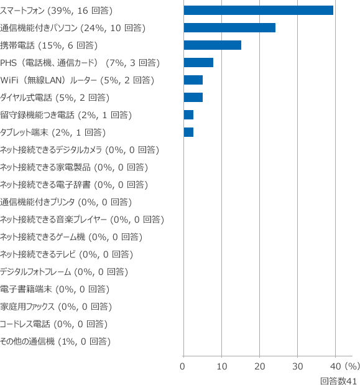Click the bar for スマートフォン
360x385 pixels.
click(259, 11)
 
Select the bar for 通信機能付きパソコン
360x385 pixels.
click(229, 28)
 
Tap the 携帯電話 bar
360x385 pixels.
click(213, 45)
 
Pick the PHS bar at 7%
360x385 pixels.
click(198, 63)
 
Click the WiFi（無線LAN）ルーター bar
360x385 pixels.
click(193, 80)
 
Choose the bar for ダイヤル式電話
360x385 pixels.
click(193, 98)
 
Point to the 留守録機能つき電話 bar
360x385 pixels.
click(188, 115)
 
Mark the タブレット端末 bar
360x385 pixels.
click(188, 132)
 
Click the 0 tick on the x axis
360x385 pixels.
click(182, 366)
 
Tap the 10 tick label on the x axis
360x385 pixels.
click(221, 366)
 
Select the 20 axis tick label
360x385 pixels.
click(260, 366)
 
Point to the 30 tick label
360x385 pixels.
click(297, 366)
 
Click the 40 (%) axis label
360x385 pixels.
click(345, 366)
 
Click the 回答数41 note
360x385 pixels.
click(338, 381)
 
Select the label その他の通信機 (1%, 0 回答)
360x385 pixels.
click(55, 341)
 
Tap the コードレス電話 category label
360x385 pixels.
click(25, 324)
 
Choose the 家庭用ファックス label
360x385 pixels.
click(27, 307)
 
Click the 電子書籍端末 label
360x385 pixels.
click(25, 289)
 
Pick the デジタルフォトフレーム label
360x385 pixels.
click(35, 272)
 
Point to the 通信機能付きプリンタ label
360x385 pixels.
click(37, 202)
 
